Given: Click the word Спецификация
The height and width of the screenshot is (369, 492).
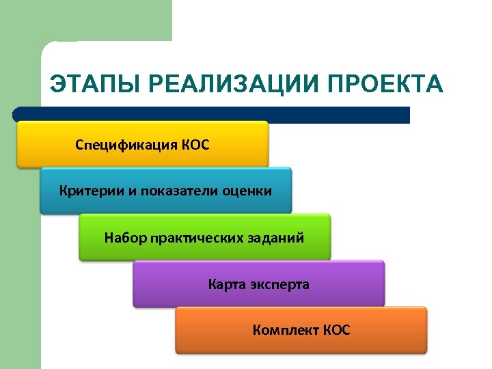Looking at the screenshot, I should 126,145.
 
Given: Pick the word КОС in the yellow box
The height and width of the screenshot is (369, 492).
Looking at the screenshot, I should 195,145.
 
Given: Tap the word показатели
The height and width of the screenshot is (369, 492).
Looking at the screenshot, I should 180,191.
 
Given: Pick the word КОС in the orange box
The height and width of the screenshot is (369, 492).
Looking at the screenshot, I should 336,331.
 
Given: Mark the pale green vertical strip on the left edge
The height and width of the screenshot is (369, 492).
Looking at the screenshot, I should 20,239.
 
